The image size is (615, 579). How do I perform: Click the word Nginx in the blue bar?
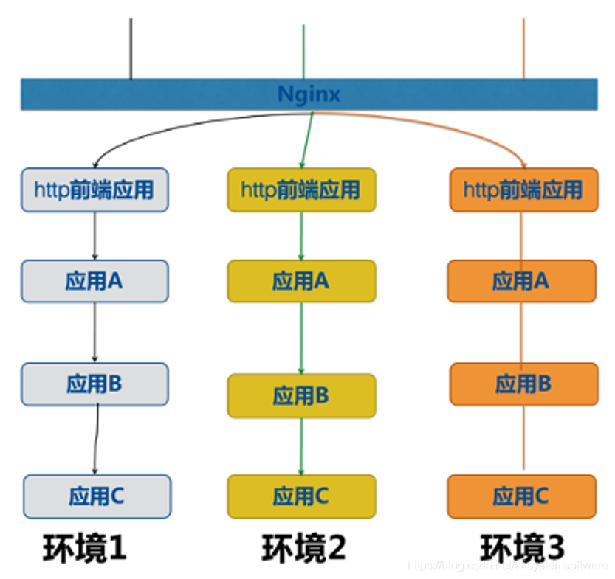tap(309, 94)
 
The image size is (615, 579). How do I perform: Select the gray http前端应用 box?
tap(95, 190)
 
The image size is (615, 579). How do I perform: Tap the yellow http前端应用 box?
tap(301, 190)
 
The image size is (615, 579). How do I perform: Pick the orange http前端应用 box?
tap(523, 190)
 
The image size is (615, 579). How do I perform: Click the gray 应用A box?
tap(95, 281)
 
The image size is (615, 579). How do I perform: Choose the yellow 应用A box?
tap(301, 281)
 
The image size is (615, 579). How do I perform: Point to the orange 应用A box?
tap(521, 281)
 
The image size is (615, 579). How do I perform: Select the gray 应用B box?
tap(95, 384)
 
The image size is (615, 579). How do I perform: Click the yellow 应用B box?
tap(301, 395)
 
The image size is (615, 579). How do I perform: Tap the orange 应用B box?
tap(523, 384)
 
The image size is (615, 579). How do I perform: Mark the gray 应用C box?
tap(97, 496)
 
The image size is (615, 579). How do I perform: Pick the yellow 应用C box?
tap(301, 496)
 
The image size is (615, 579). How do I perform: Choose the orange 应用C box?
tap(521, 496)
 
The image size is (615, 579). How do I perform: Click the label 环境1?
tap(84, 548)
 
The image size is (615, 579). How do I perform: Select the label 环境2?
tap(303, 548)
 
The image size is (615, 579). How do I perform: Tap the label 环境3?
tap(523, 548)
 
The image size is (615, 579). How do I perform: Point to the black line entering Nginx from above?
tap(131, 48)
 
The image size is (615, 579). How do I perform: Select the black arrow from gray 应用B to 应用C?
tap(96, 439)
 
